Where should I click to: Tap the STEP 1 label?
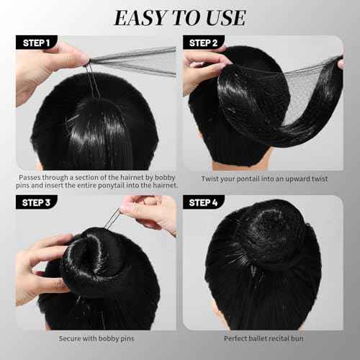pos(35,43)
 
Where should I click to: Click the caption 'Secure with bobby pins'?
pos(96,338)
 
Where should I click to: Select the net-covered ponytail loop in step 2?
pos(288,101)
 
